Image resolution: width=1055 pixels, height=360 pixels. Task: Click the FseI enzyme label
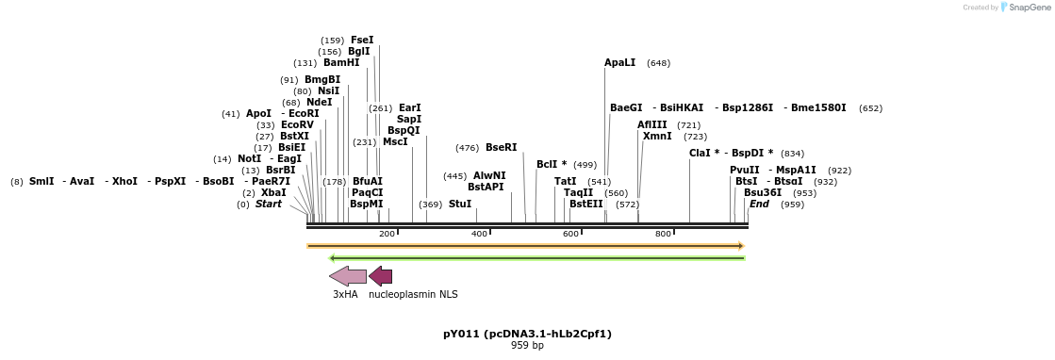pyautogui.click(x=362, y=41)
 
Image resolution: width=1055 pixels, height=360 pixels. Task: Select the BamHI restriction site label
pyautogui.click(x=341, y=63)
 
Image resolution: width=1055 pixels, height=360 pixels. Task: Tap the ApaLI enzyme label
pyautogui.click(x=620, y=63)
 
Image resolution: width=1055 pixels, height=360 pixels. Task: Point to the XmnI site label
pyautogui.click(x=657, y=137)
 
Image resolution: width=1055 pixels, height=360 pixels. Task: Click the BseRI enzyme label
pyautogui.click(x=501, y=148)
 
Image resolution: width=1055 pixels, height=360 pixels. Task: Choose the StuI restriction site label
pyautogui.click(x=460, y=204)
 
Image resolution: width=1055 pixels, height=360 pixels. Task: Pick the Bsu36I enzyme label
pyautogui.click(x=763, y=192)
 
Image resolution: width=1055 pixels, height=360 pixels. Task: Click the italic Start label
pyautogui.click(x=269, y=204)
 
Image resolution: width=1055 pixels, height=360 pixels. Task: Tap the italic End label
pyautogui.click(x=759, y=204)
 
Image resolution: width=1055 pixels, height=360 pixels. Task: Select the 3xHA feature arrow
pyautogui.click(x=348, y=276)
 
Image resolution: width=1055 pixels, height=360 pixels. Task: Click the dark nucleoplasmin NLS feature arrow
pyautogui.click(x=380, y=276)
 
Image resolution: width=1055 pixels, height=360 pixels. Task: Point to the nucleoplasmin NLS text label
pyautogui.click(x=413, y=294)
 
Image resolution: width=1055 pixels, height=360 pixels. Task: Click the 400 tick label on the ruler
pyautogui.click(x=479, y=234)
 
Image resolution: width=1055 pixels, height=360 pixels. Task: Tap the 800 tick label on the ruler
pyautogui.click(x=663, y=234)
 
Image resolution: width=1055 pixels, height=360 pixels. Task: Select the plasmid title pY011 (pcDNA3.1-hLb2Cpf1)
pyautogui.click(x=527, y=334)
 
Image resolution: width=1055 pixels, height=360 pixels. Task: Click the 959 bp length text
pyautogui.click(x=527, y=346)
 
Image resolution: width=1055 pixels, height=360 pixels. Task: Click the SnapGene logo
pyautogui.click(x=1025, y=8)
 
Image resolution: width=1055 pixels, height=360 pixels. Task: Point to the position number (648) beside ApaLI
pyautogui.click(x=658, y=63)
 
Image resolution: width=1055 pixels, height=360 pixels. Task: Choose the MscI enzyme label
pyautogui.click(x=395, y=142)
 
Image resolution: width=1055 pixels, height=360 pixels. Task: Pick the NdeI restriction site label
pyautogui.click(x=320, y=103)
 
